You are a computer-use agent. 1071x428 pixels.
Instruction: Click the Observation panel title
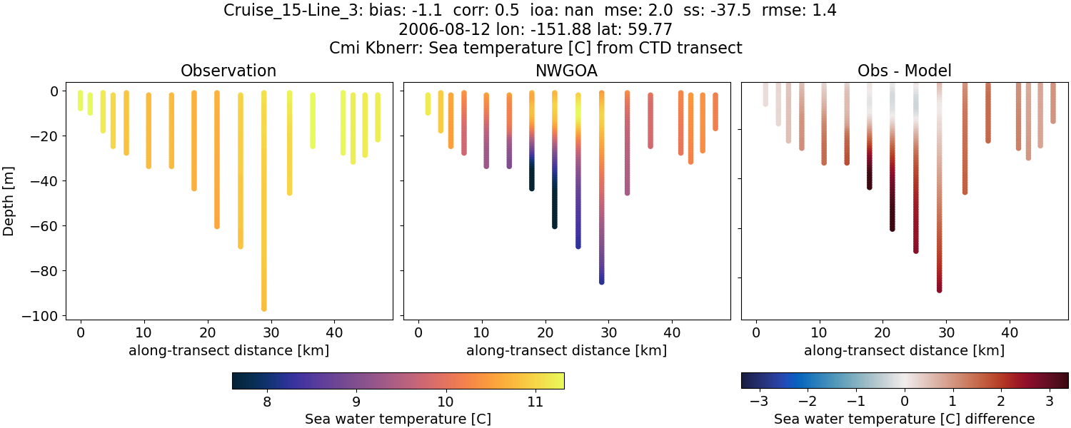[x=228, y=71]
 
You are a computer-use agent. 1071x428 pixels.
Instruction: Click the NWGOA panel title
[x=566, y=71]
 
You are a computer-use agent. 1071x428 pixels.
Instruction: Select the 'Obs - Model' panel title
[x=904, y=71]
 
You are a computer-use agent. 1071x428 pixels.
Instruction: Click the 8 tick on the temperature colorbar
[x=267, y=402]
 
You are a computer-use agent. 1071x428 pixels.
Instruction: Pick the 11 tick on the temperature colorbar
[x=535, y=402]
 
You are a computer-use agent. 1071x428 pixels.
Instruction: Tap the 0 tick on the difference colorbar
[x=905, y=402]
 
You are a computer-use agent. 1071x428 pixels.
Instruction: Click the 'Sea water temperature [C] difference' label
[x=904, y=419]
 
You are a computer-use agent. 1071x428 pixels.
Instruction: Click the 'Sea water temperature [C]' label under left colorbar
[x=398, y=419]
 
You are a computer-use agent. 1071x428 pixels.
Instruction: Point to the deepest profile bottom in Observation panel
[x=263, y=308]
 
